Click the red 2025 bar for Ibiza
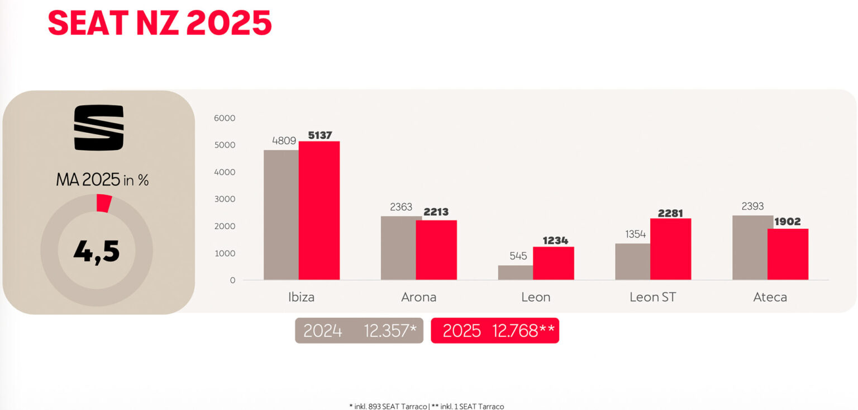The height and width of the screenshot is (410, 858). pyautogui.click(x=319, y=210)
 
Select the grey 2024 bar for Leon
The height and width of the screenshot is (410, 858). pyautogui.click(x=515, y=272)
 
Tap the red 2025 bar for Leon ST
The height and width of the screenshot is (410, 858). pyautogui.click(x=670, y=249)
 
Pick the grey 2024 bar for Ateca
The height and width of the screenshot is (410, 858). pyautogui.click(x=750, y=248)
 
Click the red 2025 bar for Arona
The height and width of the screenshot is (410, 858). pyautogui.click(x=436, y=250)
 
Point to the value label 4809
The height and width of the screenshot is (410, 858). pyautogui.click(x=284, y=140)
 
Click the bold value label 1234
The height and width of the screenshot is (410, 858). pyautogui.click(x=555, y=241)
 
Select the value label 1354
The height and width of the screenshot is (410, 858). pyautogui.click(x=636, y=234)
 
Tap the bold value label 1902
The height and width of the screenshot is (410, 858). pyautogui.click(x=788, y=222)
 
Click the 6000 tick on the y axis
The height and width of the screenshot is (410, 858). pyautogui.click(x=225, y=118)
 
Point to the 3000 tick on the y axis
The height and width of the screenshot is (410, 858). pyautogui.click(x=225, y=199)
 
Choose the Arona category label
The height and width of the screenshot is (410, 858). pyautogui.click(x=418, y=297)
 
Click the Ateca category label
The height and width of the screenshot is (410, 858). pyautogui.click(x=770, y=297)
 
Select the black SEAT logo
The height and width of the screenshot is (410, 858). pyautogui.click(x=99, y=128)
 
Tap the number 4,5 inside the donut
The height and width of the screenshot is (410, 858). pyautogui.click(x=97, y=251)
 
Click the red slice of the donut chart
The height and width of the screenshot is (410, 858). pyautogui.click(x=104, y=203)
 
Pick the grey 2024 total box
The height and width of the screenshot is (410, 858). pyautogui.click(x=359, y=331)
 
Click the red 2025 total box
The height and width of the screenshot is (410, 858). pyautogui.click(x=495, y=331)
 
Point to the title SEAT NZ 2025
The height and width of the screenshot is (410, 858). pyautogui.click(x=160, y=23)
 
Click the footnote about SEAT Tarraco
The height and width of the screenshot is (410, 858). pyautogui.click(x=426, y=406)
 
